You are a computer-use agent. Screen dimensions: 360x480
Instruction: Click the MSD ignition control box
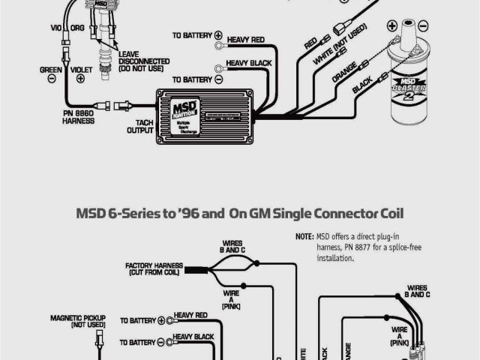(x=202, y=115)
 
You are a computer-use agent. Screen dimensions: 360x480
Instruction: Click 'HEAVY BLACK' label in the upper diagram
(x=248, y=63)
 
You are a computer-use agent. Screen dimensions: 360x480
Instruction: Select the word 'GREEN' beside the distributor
(x=51, y=69)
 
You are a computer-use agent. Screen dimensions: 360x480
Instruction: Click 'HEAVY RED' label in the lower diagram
(x=190, y=316)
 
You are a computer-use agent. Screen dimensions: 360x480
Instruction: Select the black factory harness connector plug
(x=194, y=269)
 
